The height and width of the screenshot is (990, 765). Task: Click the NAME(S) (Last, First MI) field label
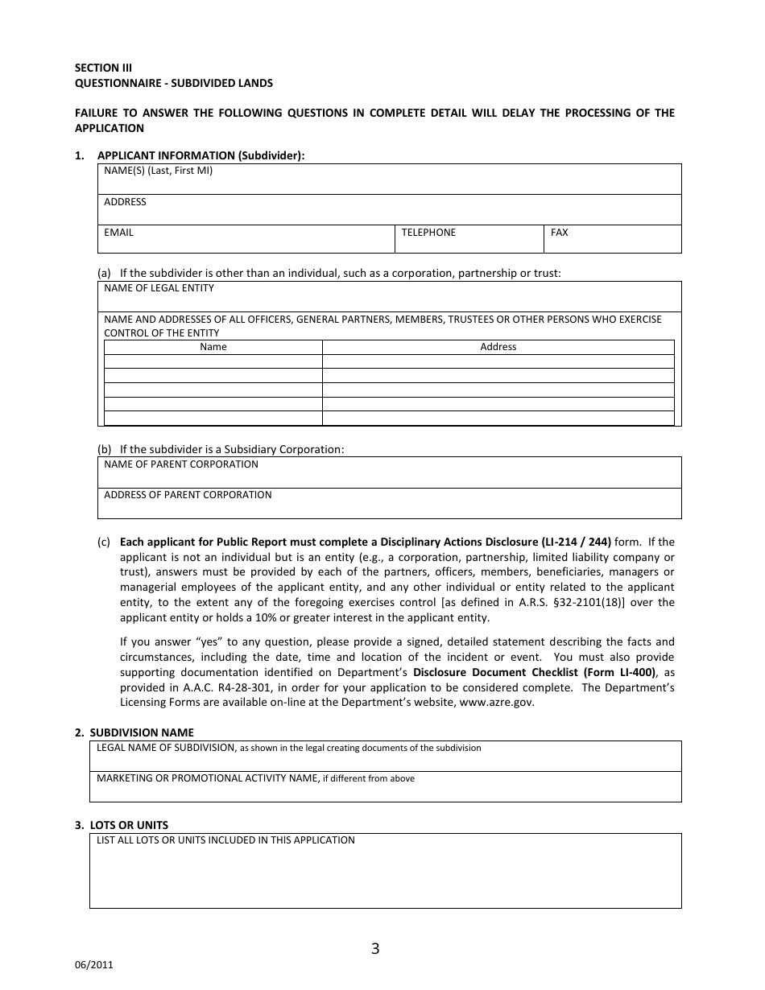158,171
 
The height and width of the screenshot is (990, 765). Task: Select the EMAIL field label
118,233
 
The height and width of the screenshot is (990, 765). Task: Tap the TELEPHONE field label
428,233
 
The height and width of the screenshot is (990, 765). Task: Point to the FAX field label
559,233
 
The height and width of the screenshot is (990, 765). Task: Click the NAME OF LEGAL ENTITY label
159,288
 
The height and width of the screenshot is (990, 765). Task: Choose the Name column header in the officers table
213,347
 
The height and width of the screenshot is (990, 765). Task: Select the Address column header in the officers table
498,347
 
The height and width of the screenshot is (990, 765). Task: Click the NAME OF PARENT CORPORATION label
181,464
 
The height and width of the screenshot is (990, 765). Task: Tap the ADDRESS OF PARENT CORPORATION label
188,495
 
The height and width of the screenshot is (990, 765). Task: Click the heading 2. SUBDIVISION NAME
141,732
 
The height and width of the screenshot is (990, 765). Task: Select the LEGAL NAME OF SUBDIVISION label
166,748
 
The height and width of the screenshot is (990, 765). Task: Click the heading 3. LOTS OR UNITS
128,825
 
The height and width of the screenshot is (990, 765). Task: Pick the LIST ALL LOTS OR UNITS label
225,840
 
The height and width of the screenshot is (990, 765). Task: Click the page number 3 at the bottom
375,948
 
